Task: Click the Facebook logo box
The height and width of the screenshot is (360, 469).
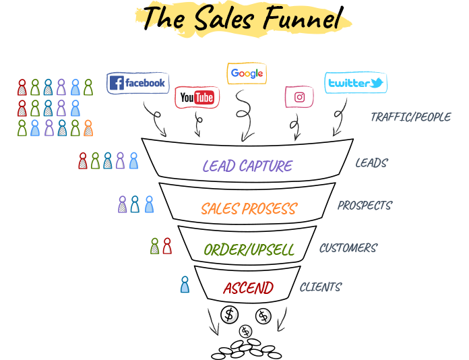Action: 137,83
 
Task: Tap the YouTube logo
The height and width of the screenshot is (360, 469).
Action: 197,98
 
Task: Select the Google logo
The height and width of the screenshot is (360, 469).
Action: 246,73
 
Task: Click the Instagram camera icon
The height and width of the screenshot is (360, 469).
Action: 300,97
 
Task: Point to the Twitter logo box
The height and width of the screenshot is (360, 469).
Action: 355,83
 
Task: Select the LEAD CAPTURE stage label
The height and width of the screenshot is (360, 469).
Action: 247,166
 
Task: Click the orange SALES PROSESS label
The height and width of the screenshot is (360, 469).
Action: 249,209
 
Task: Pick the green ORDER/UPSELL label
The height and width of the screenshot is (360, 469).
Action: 249,250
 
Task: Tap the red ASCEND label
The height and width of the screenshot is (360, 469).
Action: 248,289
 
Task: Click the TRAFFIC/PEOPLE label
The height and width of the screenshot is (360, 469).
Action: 410,117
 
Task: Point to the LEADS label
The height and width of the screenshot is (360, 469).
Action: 371,163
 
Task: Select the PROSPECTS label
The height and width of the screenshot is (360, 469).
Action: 365,206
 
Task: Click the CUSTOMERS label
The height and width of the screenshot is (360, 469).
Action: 348,248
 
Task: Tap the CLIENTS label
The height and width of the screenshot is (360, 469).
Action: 320,287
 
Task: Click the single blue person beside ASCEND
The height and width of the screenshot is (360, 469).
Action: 185,285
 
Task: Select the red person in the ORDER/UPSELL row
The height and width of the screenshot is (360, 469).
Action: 167,246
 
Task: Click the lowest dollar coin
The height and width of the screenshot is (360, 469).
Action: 245,331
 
